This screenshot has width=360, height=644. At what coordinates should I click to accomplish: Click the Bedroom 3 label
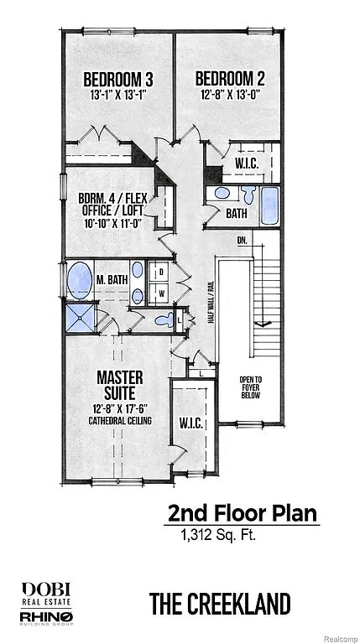[117, 80]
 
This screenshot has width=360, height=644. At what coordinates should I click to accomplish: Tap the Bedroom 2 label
[230, 80]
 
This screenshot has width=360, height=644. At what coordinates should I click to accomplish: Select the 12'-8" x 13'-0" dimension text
[230, 95]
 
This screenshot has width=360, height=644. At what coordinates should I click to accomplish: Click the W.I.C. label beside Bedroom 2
[246, 163]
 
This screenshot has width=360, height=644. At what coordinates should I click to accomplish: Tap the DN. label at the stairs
[243, 241]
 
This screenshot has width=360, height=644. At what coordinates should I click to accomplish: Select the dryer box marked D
[160, 273]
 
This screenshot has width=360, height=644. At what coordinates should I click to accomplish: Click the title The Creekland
[220, 603]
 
